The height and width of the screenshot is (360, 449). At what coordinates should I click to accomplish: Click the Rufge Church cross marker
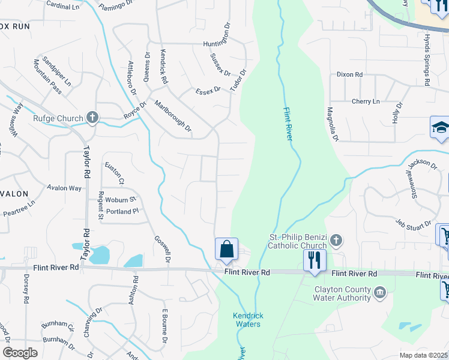tap(92, 118)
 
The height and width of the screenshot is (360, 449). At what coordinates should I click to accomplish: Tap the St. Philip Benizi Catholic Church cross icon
tap(336, 241)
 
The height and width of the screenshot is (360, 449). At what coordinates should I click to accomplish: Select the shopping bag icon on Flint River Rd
tap(226, 249)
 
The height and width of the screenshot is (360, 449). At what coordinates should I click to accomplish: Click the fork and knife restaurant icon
tap(315, 260)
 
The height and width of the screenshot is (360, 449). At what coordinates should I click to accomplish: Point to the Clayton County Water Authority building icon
tap(379, 293)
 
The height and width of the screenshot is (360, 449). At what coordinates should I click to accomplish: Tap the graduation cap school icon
tap(440, 128)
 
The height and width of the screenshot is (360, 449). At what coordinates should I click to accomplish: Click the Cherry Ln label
tap(366, 101)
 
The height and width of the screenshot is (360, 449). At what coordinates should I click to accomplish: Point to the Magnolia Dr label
tap(332, 124)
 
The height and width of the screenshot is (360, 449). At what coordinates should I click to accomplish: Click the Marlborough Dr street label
tap(173, 116)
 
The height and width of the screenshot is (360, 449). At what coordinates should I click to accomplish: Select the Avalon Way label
tap(64, 188)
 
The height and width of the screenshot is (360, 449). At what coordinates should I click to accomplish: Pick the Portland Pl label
tap(122, 211)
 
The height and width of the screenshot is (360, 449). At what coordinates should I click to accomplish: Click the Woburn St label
tap(121, 199)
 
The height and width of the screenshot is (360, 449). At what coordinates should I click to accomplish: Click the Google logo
tap(20, 353)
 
